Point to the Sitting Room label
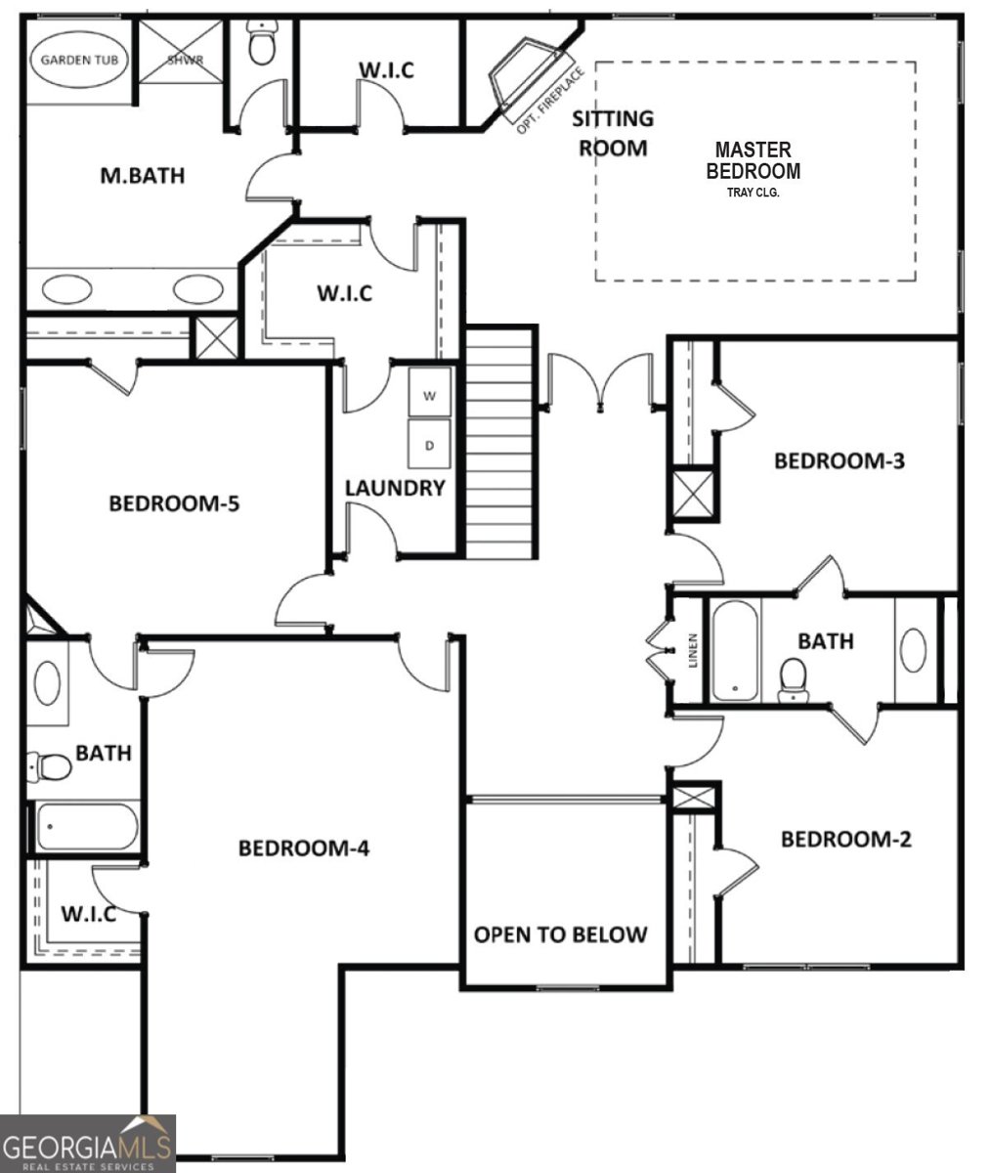613,133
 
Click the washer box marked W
429,395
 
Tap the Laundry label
395,488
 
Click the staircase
501,442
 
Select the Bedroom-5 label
174,503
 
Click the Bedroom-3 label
839,460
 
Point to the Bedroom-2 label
845,839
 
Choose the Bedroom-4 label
303,847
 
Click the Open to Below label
560,934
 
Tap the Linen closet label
694,650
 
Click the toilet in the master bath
261,44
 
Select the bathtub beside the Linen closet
734,650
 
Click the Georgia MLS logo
88,1143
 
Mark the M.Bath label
143,176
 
